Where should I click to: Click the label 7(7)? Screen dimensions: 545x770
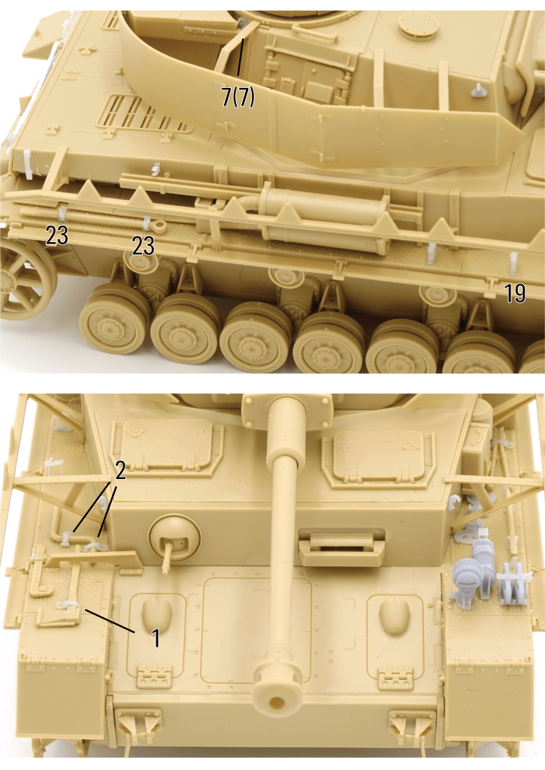point(238,97)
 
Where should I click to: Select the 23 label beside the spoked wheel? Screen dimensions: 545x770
point(57,235)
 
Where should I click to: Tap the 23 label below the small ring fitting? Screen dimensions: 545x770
point(143,246)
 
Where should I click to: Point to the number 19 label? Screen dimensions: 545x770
point(515,293)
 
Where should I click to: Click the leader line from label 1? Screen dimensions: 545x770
point(110,620)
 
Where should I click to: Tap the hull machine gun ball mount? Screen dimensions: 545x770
point(174,538)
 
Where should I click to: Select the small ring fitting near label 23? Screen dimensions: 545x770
point(159,226)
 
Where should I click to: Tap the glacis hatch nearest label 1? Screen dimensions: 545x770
point(156,632)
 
